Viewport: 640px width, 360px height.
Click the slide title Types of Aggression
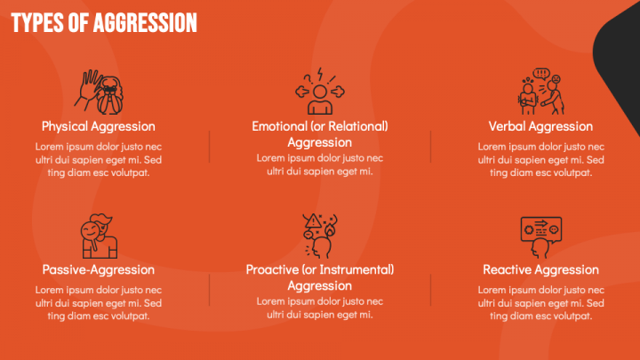tap(104, 22)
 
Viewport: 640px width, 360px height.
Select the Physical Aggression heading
tap(98, 126)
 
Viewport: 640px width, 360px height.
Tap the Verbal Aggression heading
tap(540, 126)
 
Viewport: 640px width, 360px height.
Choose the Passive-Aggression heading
tap(98, 269)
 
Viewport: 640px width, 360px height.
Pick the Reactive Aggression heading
tap(540, 269)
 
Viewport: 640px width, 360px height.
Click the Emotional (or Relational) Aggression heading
tap(320, 133)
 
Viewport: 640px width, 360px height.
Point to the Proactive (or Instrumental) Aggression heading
tap(320, 277)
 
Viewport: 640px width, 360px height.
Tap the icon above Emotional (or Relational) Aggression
tap(320, 92)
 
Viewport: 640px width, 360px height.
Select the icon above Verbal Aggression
tap(540, 92)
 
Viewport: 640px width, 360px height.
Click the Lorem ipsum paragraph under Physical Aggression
tap(98, 159)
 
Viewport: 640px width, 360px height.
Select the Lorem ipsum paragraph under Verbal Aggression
tap(540, 159)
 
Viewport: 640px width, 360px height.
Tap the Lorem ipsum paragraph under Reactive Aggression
tap(540, 302)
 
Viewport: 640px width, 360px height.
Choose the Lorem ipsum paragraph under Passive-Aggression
tap(98, 302)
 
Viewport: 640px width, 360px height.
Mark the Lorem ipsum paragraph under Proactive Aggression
tap(320, 308)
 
